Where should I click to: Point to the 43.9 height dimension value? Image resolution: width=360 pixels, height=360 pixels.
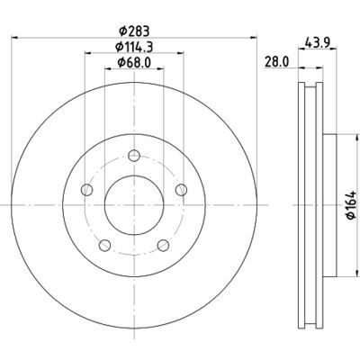[x=314, y=42]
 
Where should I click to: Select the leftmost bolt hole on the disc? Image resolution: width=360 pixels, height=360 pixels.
[x=86, y=189]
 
